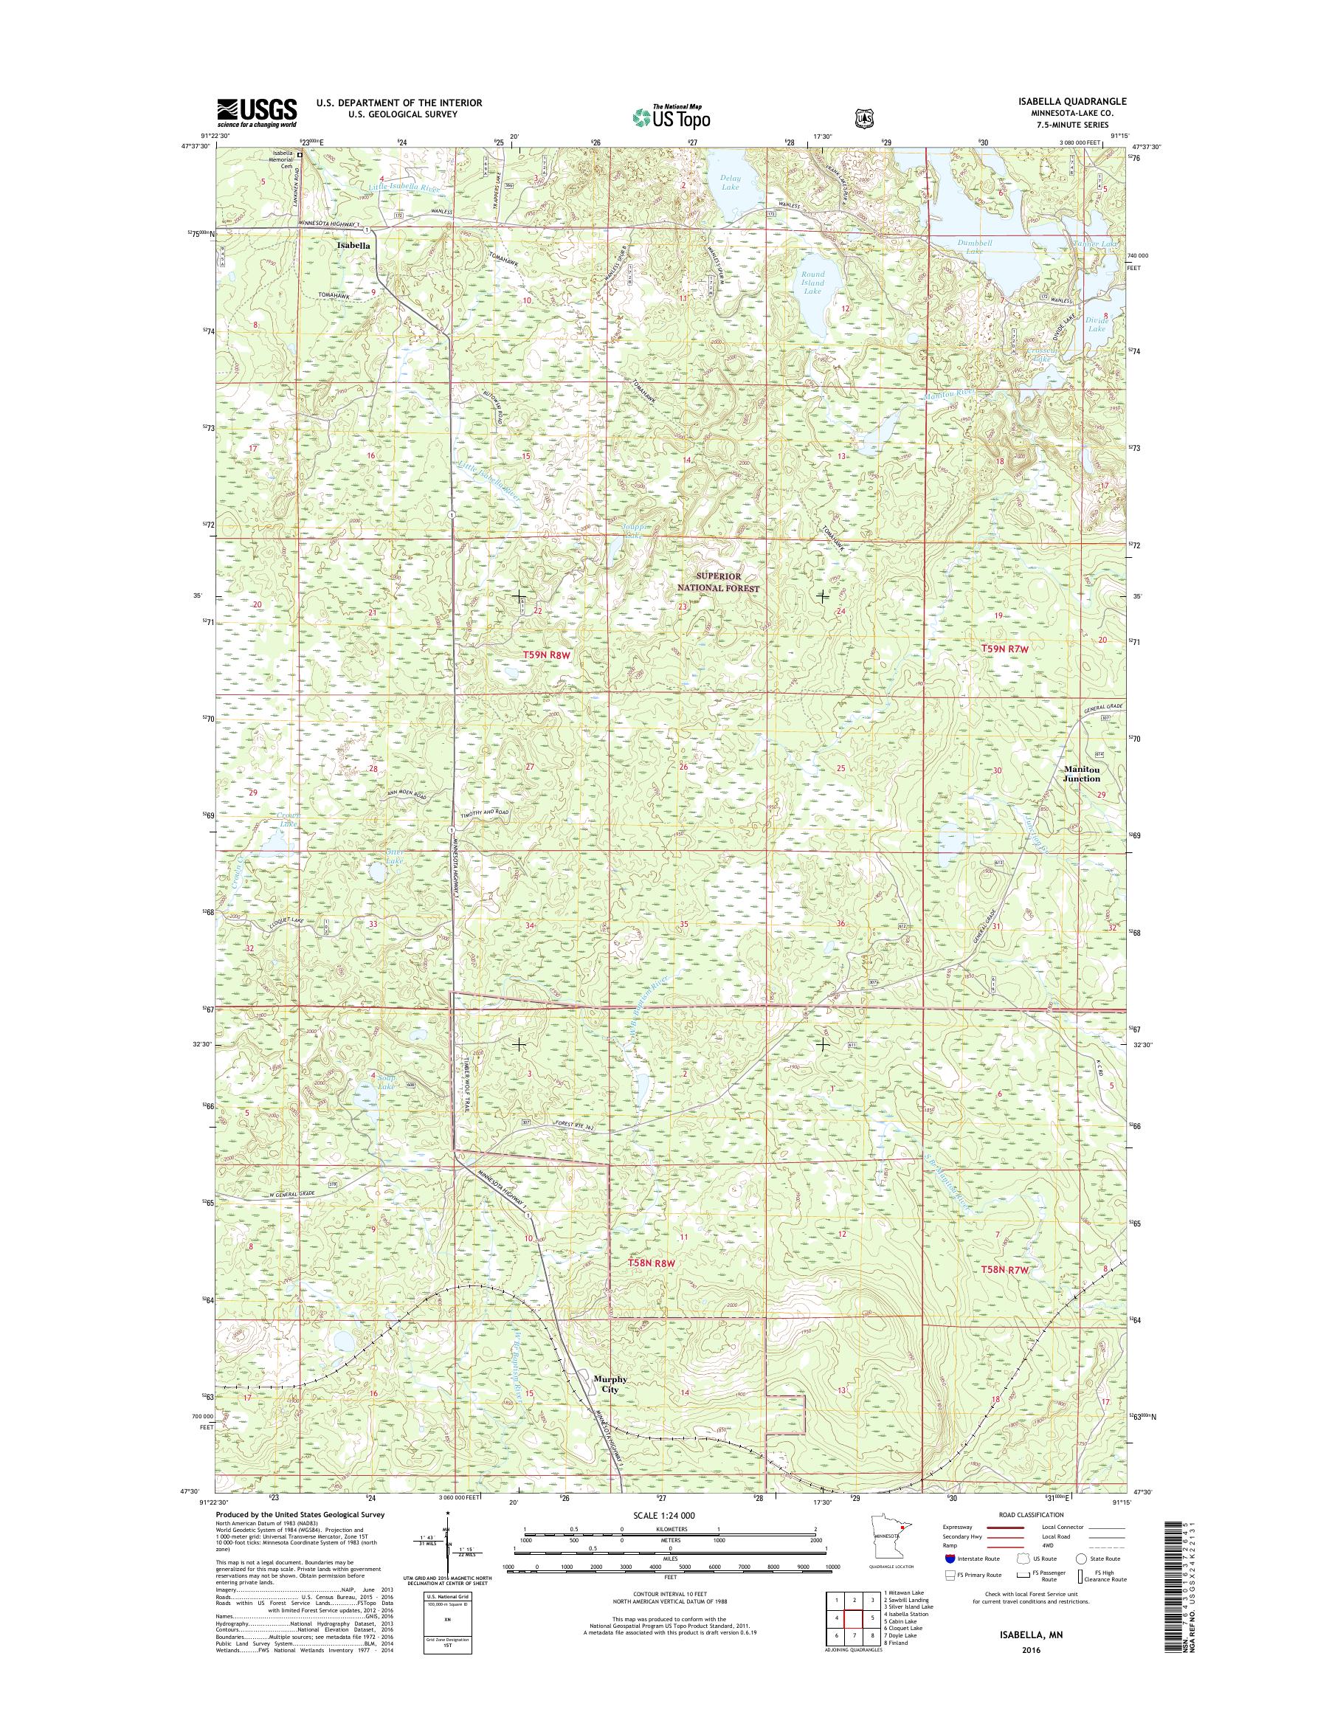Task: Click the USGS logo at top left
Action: [256, 113]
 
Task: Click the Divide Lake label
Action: [1097, 324]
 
